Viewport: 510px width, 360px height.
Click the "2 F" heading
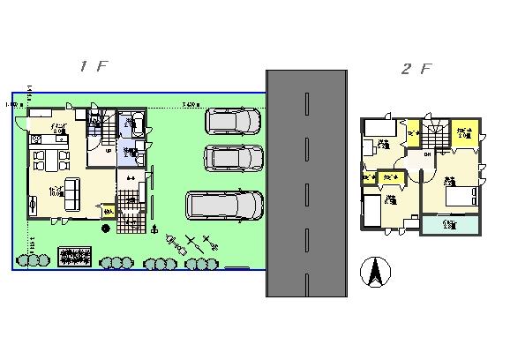point(416,70)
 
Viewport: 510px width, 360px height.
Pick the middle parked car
point(233,158)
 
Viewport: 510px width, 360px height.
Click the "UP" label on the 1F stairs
point(108,150)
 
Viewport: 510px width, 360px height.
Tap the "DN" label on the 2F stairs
point(427,155)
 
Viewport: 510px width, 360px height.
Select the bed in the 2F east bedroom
point(463,196)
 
